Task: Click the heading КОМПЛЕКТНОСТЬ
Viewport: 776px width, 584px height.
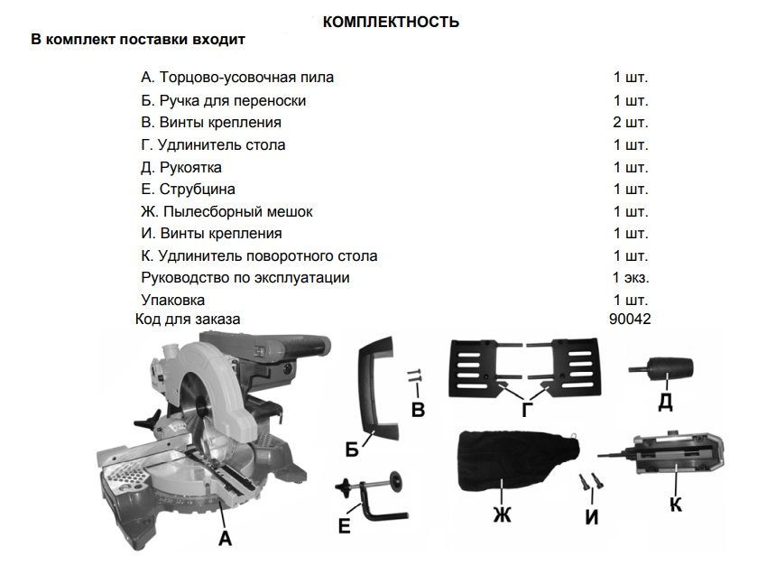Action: [390, 22]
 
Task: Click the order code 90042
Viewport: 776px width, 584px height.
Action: [631, 319]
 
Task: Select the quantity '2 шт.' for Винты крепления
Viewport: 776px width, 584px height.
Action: [631, 122]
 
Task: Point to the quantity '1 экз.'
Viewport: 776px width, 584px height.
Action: [631, 278]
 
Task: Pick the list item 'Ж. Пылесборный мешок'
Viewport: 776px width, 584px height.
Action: [227, 211]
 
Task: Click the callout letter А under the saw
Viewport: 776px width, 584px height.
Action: [226, 540]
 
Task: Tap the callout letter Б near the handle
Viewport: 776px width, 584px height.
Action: [352, 449]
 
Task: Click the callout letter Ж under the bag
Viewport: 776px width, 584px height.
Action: [502, 515]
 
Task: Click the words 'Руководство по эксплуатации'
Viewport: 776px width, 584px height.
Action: [245, 278]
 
